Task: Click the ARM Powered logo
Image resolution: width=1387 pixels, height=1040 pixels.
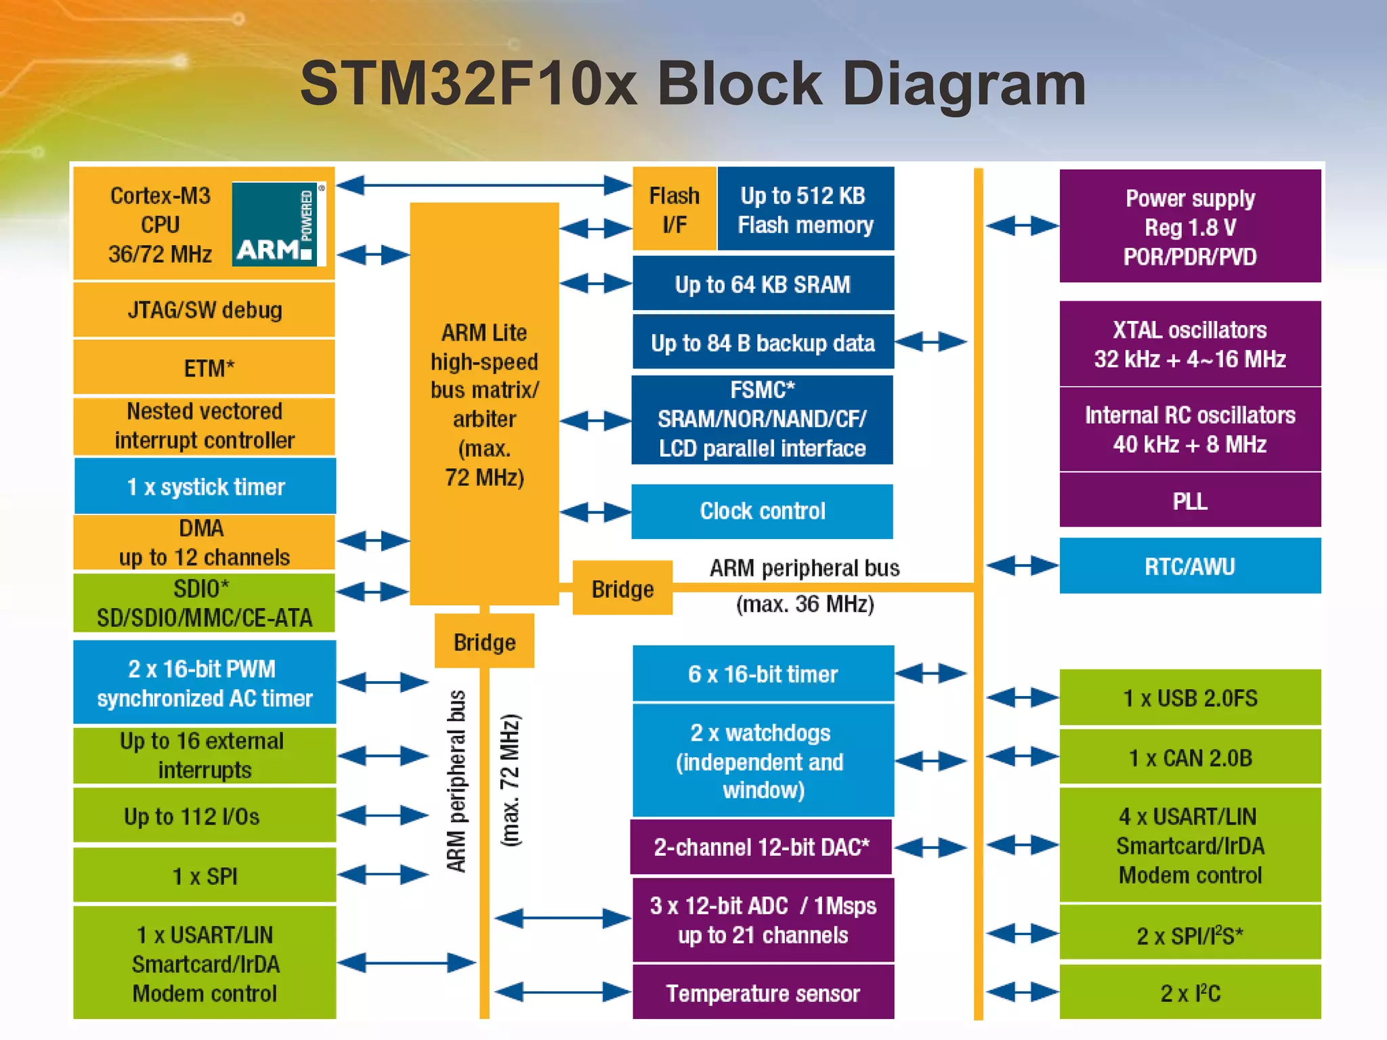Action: (278, 224)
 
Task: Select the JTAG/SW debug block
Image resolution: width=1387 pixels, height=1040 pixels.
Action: (204, 310)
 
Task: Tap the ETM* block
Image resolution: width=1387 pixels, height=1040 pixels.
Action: (204, 368)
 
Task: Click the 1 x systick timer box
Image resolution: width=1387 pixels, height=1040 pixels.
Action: (205, 486)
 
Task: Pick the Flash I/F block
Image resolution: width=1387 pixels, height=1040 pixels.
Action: (674, 209)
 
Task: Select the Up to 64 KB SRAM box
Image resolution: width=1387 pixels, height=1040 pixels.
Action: (763, 284)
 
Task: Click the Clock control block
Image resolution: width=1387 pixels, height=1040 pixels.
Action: (762, 511)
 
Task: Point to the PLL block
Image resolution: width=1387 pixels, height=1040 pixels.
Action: (1190, 501)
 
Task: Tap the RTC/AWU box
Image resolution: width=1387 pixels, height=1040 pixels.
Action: (1190, 566)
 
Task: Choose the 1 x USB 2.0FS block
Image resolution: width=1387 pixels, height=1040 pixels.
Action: (1190, 697)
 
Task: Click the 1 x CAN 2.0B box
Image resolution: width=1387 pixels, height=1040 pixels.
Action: (1190, 757)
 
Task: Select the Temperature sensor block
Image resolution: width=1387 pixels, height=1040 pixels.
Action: (763, 993)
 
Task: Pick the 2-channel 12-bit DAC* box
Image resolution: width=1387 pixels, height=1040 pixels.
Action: (761, 847)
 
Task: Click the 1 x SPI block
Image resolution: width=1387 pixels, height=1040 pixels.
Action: (205, 876)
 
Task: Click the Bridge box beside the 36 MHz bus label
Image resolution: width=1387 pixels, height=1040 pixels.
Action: (622, 588)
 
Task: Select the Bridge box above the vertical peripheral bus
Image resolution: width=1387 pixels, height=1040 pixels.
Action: (484, 641)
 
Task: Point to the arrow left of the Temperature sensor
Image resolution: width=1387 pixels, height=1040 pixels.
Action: (563, 993)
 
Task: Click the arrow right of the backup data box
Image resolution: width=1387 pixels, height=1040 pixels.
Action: (931, 342)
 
